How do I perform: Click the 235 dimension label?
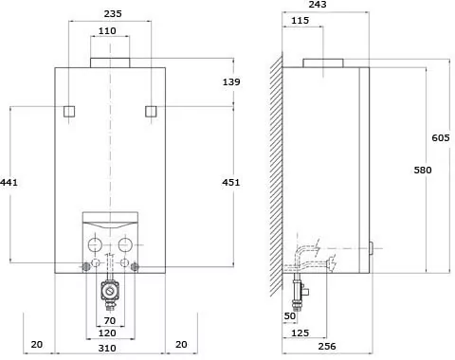coord(113,13)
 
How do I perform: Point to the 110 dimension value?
coord(107,31)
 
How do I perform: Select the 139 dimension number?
coord(231,81)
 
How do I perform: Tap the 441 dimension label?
coord(9,182)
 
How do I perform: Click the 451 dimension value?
coord(231,182)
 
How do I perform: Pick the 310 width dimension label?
coord(107,348)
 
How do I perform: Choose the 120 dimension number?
coord(107,333)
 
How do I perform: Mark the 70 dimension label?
coord(110,320)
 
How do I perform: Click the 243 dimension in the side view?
coord(318,5)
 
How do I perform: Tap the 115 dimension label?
coord(300,21)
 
